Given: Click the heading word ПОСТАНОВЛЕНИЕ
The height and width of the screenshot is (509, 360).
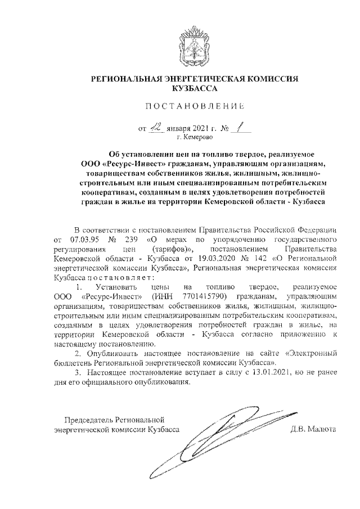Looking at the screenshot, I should click(x=195, y=106).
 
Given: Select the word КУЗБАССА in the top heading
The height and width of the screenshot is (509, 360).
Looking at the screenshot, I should click(x=195, y=88).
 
